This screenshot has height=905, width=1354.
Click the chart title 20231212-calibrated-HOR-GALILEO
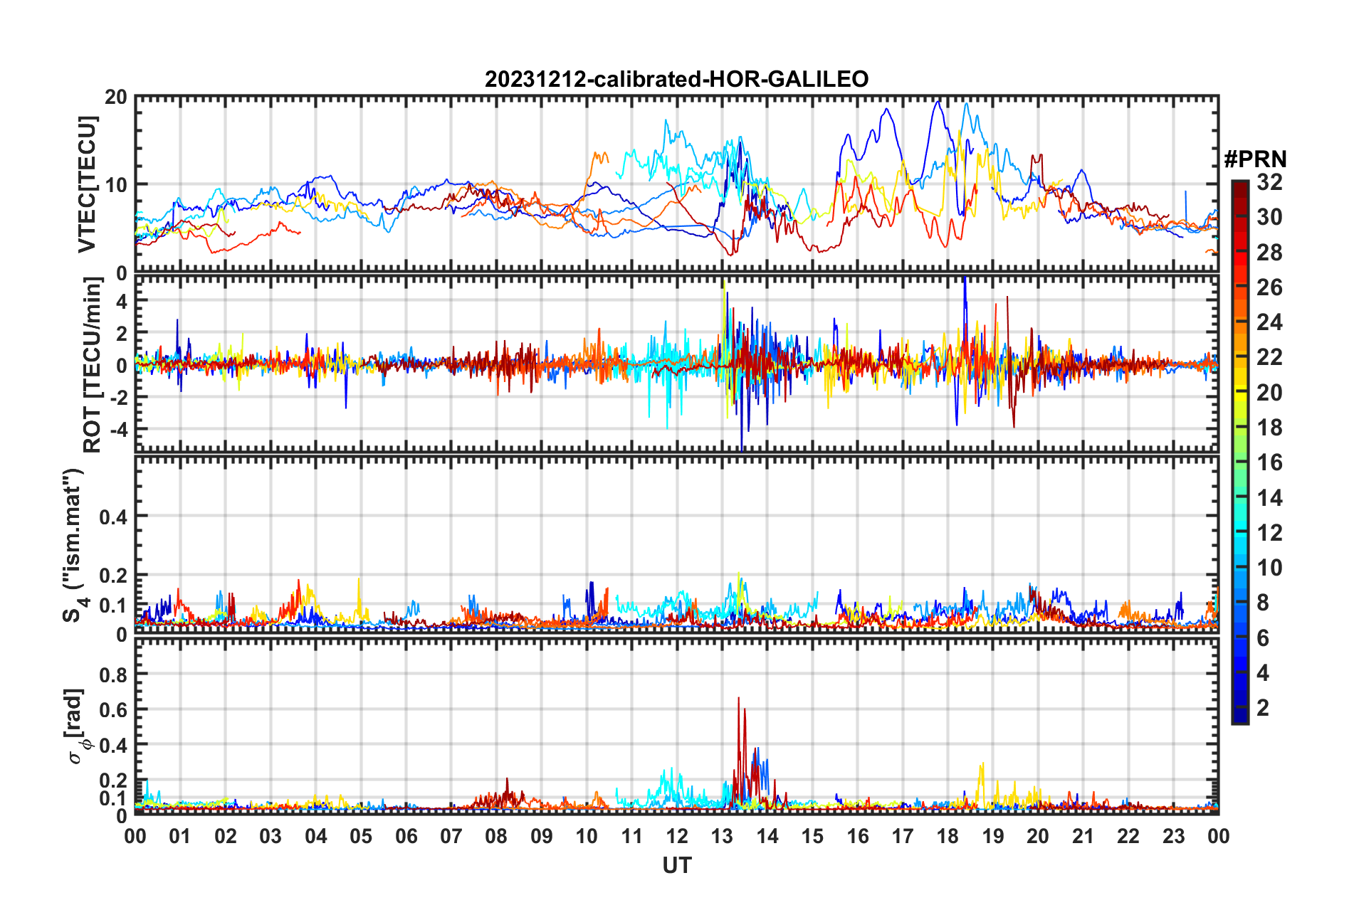coord(676,79)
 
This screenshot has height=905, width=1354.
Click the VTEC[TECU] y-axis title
coord(87,184)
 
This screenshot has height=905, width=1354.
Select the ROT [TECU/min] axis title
coord(93,365)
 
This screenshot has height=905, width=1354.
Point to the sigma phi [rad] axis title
coord(75,726)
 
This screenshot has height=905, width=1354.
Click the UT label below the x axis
coord(676,865)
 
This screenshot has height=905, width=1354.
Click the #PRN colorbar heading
coord(1255,159)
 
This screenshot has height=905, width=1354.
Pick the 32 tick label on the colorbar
coord(1269,182)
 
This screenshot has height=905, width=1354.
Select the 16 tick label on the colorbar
coord(1269,462)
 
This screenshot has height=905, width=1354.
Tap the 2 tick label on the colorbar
coord(1263,707)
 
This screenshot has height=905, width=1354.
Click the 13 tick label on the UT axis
coord(722,836)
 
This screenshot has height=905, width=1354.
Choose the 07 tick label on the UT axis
coord(451,836)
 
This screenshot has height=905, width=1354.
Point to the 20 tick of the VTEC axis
coord(116,97)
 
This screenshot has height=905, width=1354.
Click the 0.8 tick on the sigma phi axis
coord(115,674)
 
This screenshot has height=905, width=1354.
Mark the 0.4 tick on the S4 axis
coord(115,517)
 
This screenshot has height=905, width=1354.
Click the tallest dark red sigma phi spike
coord(738,699)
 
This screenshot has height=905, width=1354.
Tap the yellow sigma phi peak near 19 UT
coord(982,765)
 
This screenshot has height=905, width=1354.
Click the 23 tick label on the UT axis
coord(1173,836)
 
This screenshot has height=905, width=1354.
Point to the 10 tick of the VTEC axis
coord(116,185)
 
